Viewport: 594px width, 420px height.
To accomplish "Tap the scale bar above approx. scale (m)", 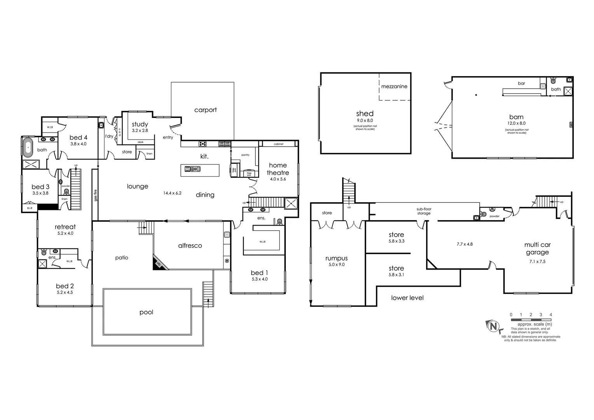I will pyautogui.click(x=531, y=320).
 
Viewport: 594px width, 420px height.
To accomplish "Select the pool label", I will pyautogui.click(x=146, y=312).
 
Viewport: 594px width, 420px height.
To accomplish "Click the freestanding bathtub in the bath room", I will pyautogui.click(x=28, y=148).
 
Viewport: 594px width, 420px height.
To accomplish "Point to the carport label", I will pyautogui.click(x=205, y=110).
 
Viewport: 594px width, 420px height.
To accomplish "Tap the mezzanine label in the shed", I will pyautogui.click(x=394, y=86).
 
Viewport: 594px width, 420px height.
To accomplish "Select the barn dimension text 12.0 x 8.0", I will pyautogui.click(x=516, y=123).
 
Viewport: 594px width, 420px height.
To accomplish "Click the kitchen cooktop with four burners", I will pyautogui.click(x=203, y=144).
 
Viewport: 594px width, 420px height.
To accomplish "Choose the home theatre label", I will pyautogui.click(x=278, y=169).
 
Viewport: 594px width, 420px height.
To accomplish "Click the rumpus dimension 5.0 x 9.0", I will pyautogui.click(x=336, y=264).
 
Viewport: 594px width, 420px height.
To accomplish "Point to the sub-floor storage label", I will pyautogui.click(x=424, y=211).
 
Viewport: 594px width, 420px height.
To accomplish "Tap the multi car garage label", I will pyautogui.click(x=537, y=248).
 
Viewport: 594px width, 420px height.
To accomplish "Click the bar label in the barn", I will pyautogui.click(x=521, y=83).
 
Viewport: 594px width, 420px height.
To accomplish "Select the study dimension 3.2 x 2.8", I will pyautogui.click(x=140, y=131).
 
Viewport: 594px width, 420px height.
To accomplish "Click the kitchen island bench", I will pyautogui.click(x=200, y=170).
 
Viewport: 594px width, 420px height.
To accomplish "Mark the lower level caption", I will pyautogui.click(x=407, y=298).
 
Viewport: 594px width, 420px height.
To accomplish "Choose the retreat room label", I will pyautogui.click(x=65, y=227).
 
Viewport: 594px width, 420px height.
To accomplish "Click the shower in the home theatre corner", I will pyautogui.click(x=291, y=203).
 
